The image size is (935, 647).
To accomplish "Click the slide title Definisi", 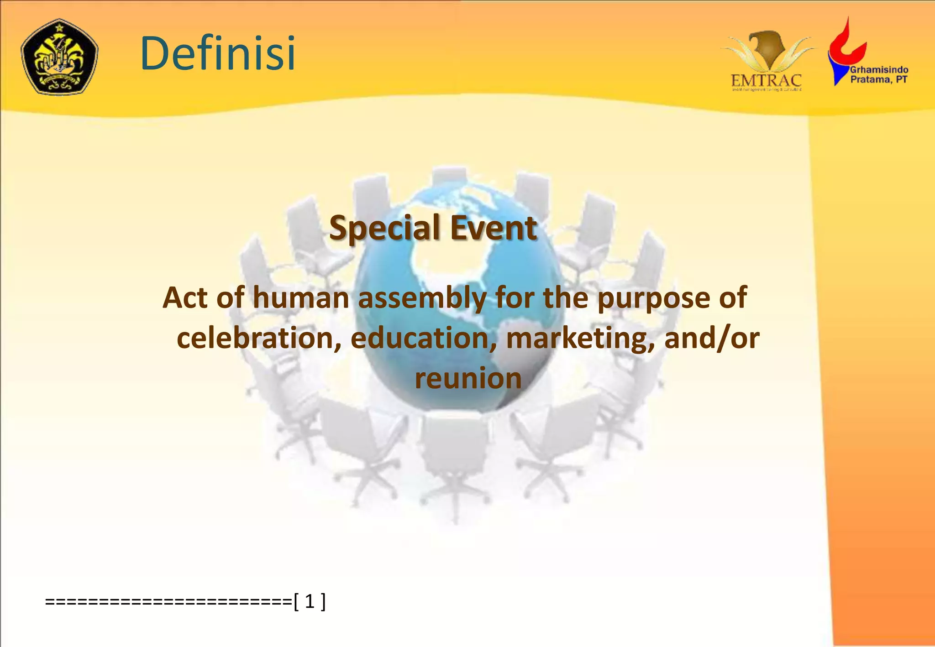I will pyautogui.click(x=218, y=53).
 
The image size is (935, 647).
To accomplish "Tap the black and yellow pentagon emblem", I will pyautogui.click(x=59, y=57).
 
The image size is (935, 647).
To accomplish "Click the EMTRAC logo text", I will pyautogui.click(x=766, y=81).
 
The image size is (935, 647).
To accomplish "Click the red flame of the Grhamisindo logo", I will pyautogui.click(x=847, y=43).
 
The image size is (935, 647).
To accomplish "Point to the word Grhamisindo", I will pyautogui.click(x=879, y=70).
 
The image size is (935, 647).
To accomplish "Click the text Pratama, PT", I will pyautogui.click(x=878, y=80).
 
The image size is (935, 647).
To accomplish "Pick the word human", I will pyautogui.click(x=301, y=297).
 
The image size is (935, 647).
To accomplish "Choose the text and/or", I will pyautogui.click(x=712, y=338).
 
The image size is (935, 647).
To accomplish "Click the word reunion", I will pyautogui.click(x=468, y=378).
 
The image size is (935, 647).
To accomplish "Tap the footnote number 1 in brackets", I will pyautogui.click(x=310, y=601).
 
